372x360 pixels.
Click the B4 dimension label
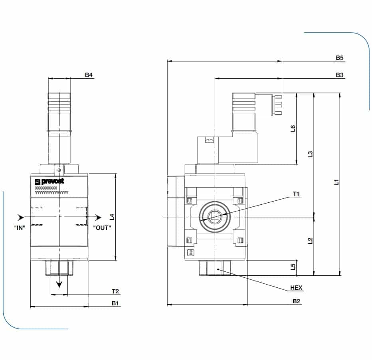pos(89,75)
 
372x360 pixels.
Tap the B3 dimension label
pos(339,75)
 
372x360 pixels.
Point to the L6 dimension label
pos(293,128)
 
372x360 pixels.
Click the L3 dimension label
pos(310,154)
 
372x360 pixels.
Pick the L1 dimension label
pos(336,182)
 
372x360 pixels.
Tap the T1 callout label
pos(296,194)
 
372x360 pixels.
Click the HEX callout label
pos(296,287)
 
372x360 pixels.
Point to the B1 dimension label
pos(115,303)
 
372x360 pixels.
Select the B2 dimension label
pos(296,301)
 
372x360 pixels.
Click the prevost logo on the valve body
pos(49,181)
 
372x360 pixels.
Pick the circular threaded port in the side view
pos(215,216)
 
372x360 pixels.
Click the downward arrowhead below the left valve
pos(59,284)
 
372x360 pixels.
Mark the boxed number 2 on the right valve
pos(191,252)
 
